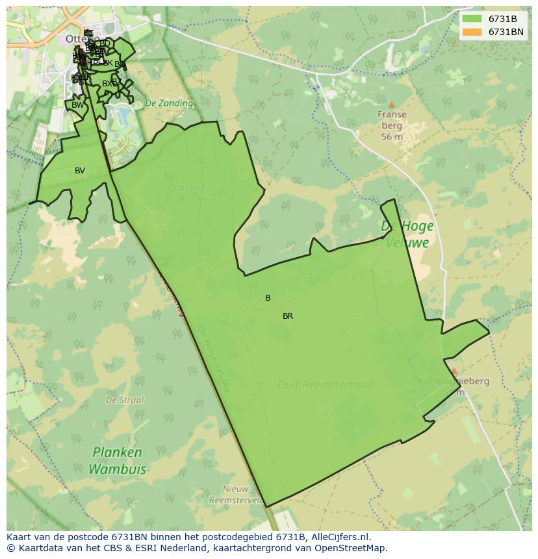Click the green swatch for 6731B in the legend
tap(472, 18)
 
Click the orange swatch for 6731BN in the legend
tap(472, 32)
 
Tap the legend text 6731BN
tap(506, 32)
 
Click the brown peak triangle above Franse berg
tap(391, 105)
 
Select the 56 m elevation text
tap(392, 137)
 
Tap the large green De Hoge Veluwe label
tap(407, 234)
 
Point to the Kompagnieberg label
tap(454, 381)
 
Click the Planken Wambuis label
tap(117, 460)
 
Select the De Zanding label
tap(169, 103)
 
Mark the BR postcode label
tap(288, 316)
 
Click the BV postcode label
tap(80, 171)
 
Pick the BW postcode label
tap(77, 105)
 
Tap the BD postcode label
tap(105, 43)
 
